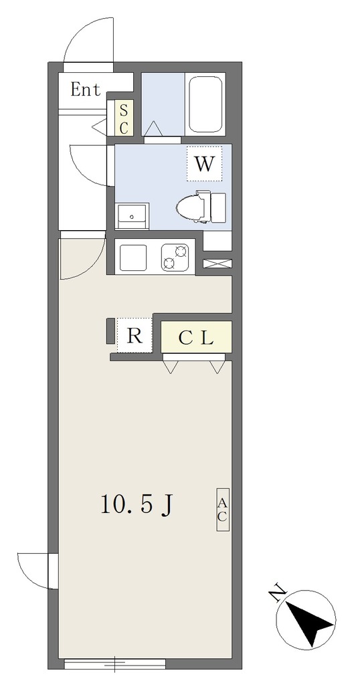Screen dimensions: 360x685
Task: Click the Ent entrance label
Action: point(86,90)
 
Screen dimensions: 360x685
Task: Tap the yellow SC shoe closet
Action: point(124,118)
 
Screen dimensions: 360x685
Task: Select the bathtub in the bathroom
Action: point(205,104)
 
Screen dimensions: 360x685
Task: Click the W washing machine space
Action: point(205,164)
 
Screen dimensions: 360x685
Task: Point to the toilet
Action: point(201,207)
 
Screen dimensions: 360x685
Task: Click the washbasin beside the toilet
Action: point(132,216)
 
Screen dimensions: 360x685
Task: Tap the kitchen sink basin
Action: point(133,258)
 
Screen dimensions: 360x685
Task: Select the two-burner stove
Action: point(175,258)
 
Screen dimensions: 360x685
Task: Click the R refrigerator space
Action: point(134,336)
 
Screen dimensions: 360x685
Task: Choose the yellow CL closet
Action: point(196,337)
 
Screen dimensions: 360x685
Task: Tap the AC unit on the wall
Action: point(222,509)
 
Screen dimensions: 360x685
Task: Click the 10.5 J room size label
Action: point(137,505)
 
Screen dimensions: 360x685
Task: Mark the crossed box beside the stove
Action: point(217,264)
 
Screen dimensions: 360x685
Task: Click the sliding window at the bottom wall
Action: point(115,664)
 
